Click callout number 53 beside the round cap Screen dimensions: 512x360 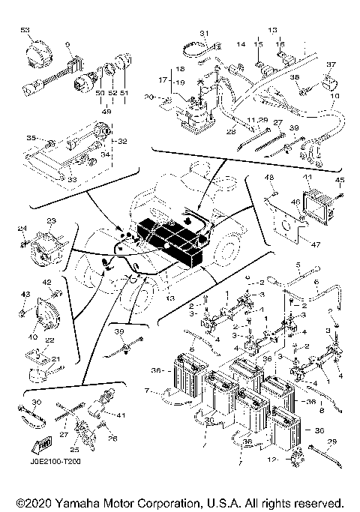(x=25, y=28)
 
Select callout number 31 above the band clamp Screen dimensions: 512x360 (x=202, y=33)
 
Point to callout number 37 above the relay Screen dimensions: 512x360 (x=331, y=64)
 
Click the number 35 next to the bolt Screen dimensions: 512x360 (x=31, y=138)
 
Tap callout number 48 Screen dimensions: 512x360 (x=269, y=177)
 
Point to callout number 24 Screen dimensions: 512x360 (x=22, y=229)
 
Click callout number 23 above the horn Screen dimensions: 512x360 (x=52, y=220)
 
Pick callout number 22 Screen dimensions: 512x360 (x=49, y=340)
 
